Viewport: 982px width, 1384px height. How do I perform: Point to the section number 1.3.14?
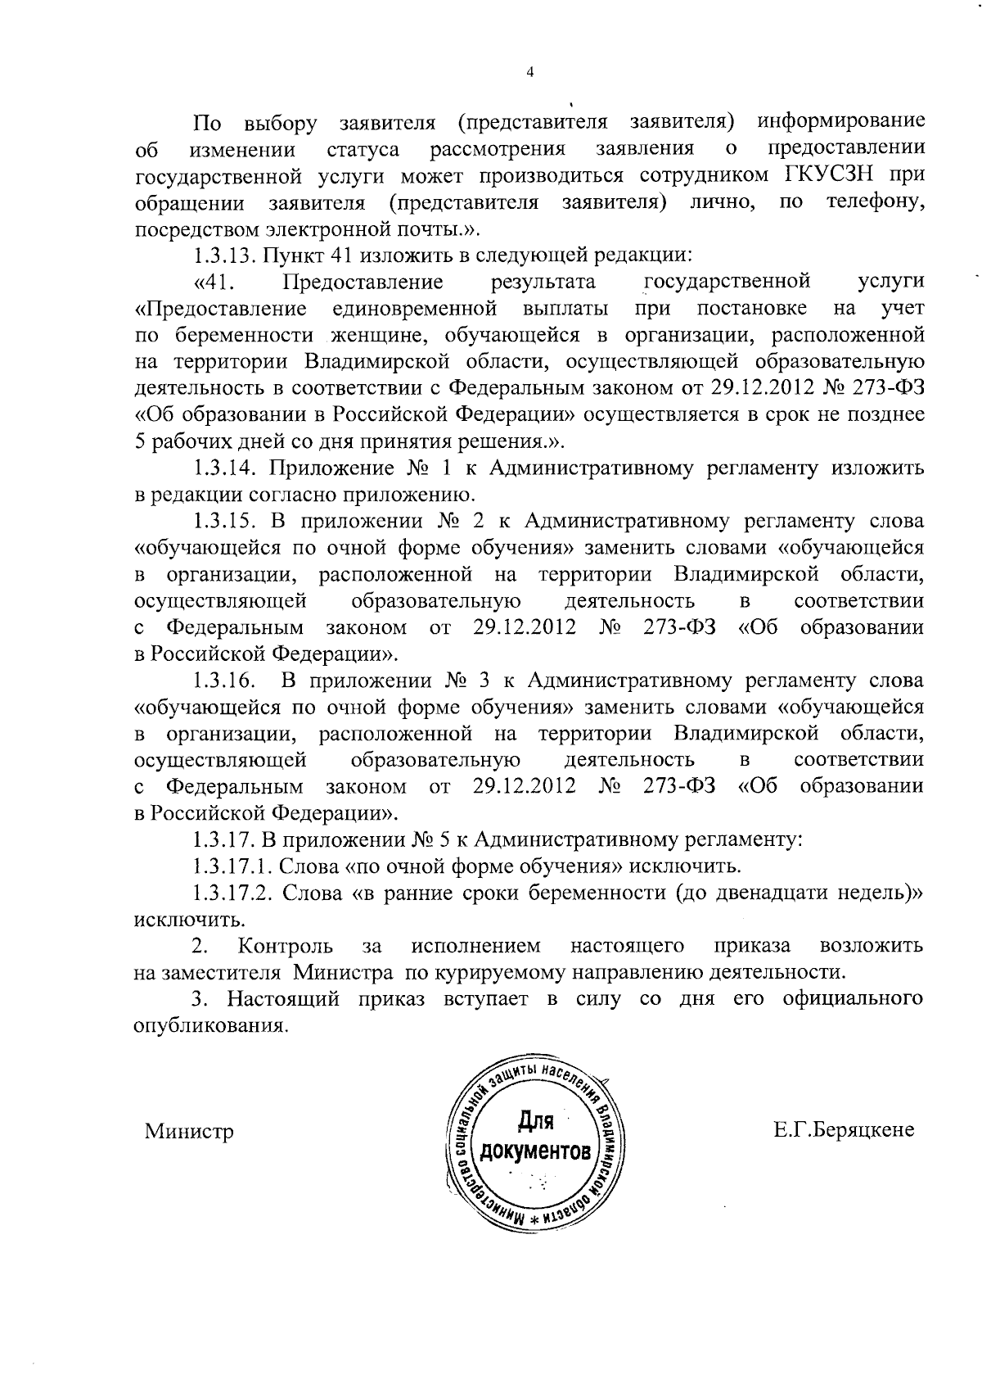click(227, 468)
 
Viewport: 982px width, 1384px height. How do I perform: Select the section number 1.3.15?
click(227, 521)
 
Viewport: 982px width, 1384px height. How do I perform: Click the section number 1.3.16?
click(227, 680)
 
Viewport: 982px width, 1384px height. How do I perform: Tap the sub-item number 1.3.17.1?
click(232, 866)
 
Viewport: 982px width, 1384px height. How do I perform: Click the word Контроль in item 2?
click(285, 946)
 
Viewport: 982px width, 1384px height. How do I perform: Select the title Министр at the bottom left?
click(189, 1132)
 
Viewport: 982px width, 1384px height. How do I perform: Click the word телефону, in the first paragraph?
click(876, 201)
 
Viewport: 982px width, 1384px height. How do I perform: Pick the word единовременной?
click(416, 309)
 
